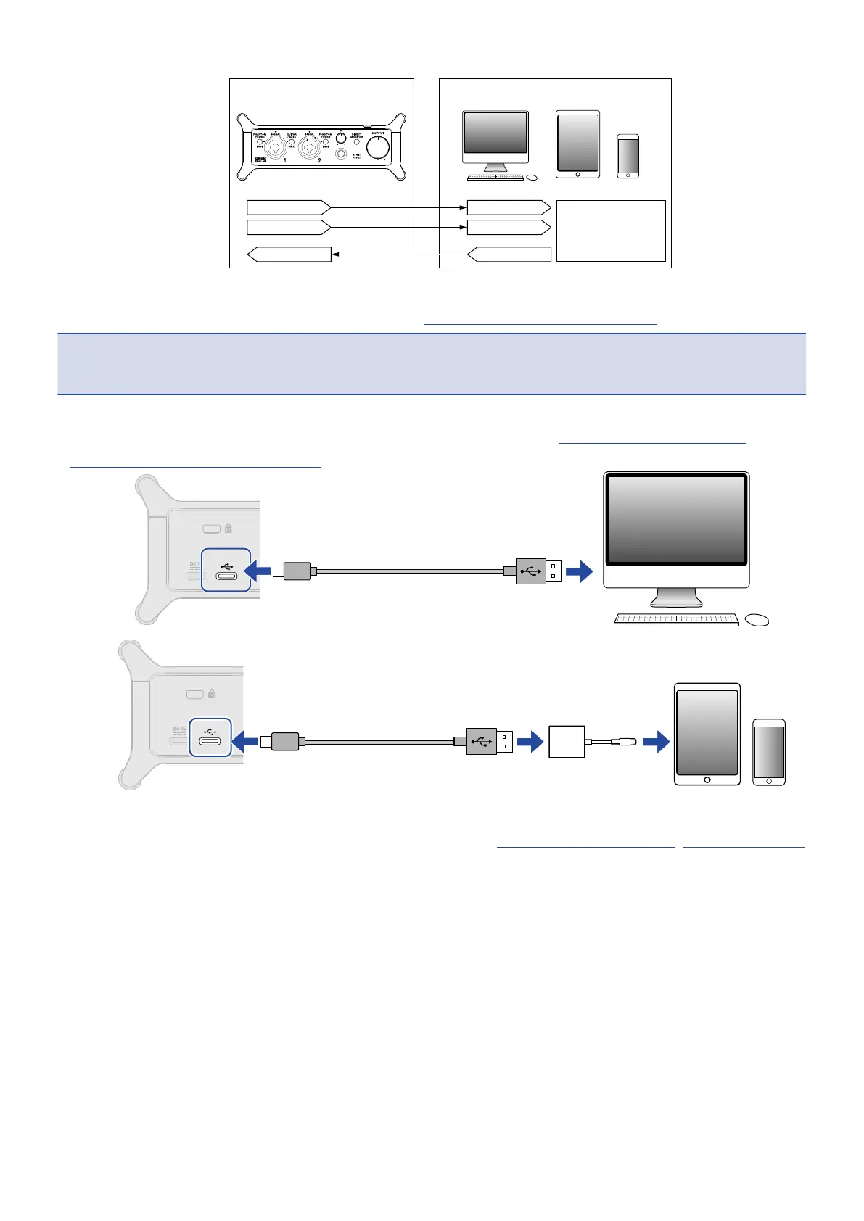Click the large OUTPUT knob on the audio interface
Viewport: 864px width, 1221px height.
(377, 148)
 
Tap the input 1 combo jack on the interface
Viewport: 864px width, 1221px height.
(276, 149)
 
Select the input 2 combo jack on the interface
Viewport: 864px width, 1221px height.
(310, 149)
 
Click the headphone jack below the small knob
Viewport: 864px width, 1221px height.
(340, 154)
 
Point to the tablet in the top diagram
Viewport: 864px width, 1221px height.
(577, 144)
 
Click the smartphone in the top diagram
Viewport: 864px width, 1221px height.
(628, 156)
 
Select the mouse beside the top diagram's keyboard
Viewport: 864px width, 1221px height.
(532, 178)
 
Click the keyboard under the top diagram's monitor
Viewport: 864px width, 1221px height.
(495, 178)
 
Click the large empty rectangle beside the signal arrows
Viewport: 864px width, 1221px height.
(611, 231)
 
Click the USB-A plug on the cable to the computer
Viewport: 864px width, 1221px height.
(538, 571)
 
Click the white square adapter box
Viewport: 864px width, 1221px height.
(567, 742)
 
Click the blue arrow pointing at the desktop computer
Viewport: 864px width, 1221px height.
(579, 572)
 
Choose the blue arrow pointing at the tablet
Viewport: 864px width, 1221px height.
(657, 742)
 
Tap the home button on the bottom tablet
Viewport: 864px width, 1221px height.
(707, 779)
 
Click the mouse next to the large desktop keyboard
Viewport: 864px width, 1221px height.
(756, 620)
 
